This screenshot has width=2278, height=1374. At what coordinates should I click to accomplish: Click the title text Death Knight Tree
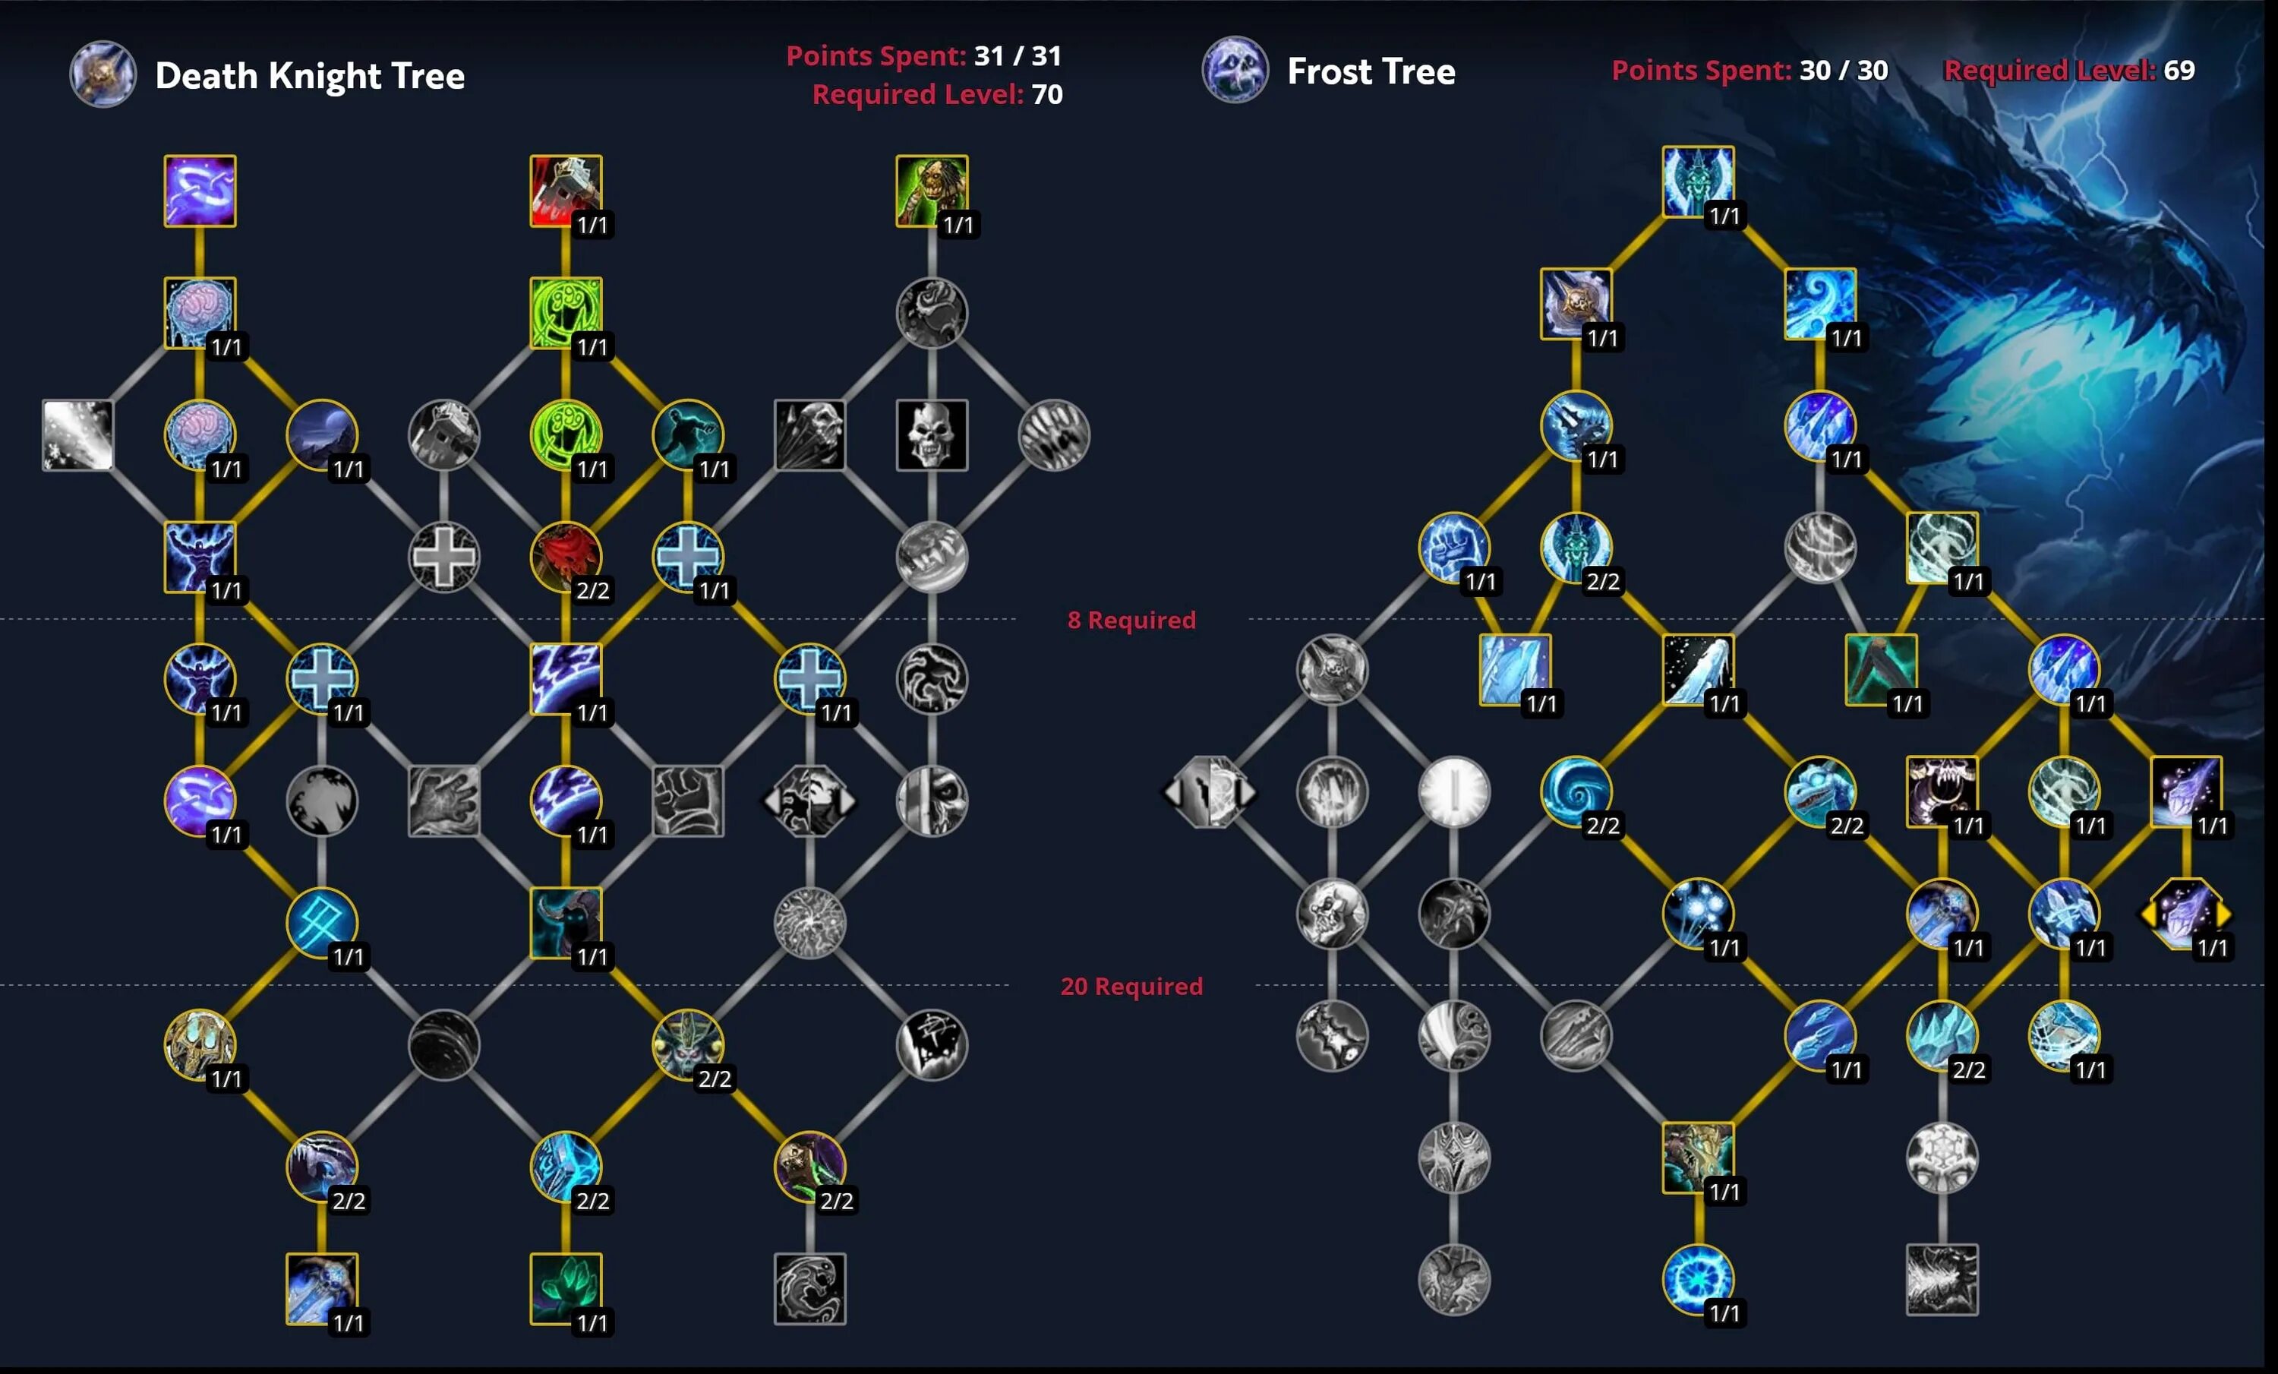coord(309,76)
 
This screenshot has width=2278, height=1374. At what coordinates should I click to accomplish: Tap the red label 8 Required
coord(1131,620)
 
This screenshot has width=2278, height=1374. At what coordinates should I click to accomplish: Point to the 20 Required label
coord(1131,986)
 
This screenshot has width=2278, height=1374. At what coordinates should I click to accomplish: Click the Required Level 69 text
coord(2068,71)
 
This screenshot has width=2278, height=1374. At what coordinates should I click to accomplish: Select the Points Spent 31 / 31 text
coord(923,55)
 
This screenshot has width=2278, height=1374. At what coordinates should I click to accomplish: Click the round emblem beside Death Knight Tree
coord(103,74)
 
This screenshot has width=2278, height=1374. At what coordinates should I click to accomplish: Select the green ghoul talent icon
coord(931,191)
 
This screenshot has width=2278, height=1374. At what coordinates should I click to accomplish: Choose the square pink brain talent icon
coord(200,312)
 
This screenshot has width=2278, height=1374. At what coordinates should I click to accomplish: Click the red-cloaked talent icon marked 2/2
coord(565,557)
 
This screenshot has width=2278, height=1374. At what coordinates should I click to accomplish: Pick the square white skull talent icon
coord(931,434)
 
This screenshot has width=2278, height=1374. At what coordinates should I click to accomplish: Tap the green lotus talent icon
coord(565,1288)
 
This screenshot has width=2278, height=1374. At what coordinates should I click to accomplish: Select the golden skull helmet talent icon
coord(200,1044)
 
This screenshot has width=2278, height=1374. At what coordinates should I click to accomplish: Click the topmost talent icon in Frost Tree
coord(1696,182)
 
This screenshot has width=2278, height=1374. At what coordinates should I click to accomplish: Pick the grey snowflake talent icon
coord(1942,1157)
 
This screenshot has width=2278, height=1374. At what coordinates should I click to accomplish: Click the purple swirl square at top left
coord(200,191)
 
